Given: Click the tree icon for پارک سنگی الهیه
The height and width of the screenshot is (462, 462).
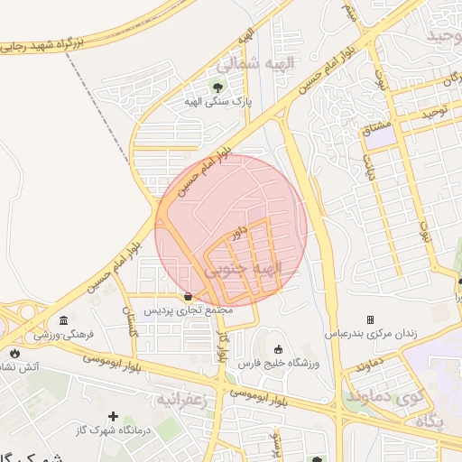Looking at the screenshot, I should tap(216, 87).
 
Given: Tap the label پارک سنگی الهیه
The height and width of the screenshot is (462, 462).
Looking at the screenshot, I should tap(217, 101).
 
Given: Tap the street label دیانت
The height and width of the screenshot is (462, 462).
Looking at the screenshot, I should tap(370, 169).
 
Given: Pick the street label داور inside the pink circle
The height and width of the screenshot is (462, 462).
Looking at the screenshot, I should tap(238, 232).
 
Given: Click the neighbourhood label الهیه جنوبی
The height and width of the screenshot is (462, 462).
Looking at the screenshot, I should tap(244, 269).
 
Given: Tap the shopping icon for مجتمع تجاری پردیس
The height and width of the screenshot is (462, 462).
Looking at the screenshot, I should tap(188, 295).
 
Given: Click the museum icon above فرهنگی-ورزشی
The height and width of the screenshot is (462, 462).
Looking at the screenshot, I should tap(63, 321).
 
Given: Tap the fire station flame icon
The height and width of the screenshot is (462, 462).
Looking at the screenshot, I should tap(14, 353).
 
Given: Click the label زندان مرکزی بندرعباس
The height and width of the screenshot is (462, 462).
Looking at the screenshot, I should tap(371, 334).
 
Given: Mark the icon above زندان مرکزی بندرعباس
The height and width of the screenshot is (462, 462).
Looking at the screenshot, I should tap(370, 319).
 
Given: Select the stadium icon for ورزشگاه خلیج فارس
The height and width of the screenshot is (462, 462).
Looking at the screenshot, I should tap(277, 350).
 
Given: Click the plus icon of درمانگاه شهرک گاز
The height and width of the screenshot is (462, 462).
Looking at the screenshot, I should tap(113, 416).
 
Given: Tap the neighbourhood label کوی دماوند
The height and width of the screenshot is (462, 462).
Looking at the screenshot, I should tap(397, 396).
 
